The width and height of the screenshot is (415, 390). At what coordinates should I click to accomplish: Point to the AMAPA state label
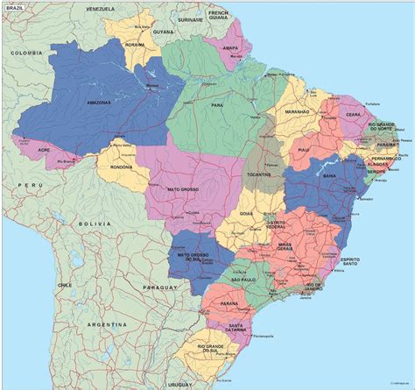[x=229, y=49]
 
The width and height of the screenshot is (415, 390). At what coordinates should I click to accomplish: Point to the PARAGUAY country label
[x=158, y=287]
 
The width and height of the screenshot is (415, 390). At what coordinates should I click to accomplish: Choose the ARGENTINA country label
[x=127, y=324]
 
